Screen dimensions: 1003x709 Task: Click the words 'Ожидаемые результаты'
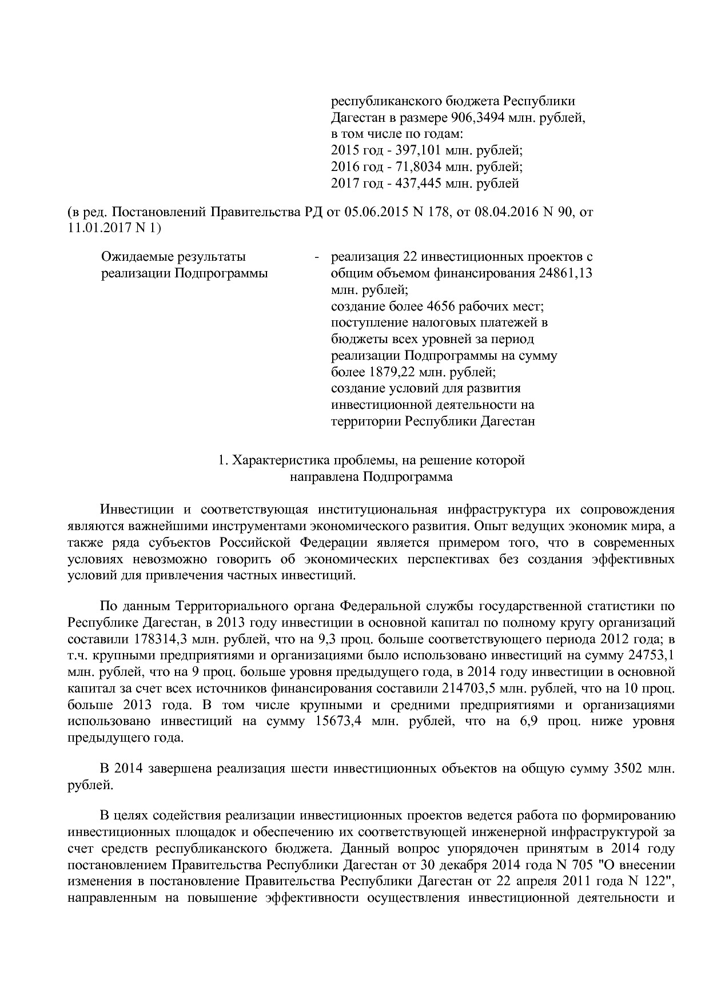click(x=173, y=257)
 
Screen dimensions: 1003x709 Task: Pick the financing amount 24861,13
click(x=565, y=273)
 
